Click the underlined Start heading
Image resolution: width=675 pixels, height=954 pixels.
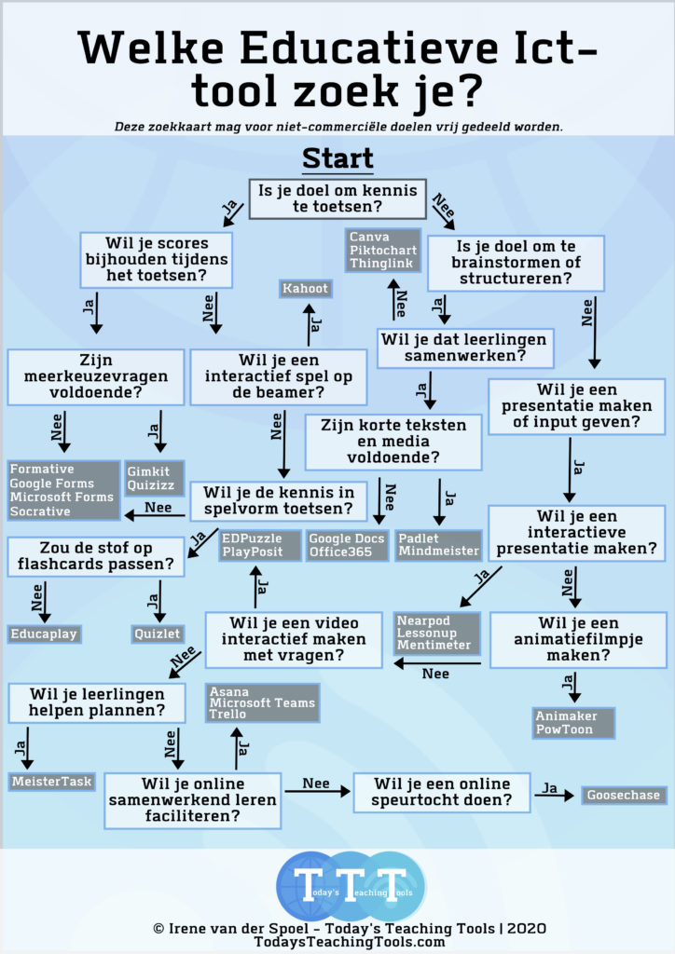pyautogui.click(x=337, y=158)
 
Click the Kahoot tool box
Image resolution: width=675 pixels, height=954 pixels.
pyautogui.click(x=306, y=289)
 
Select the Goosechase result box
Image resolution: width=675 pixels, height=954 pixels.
pyautogui.click(x=624, y=795)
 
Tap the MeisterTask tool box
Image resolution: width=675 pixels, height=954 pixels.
pyautogui.click(x=51, y=782)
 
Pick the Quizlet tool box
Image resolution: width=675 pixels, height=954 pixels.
pyautogui.click(x=157, y=634)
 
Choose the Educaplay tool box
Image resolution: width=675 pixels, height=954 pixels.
pyautogui.click(x=44, y=634)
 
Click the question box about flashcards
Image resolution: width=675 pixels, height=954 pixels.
pyautogui.click(x=95, y=556)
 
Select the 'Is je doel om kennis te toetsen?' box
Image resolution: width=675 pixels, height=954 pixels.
pyautogui.click(x=337, y=198)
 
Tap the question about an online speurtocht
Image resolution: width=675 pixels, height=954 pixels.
pyautogui.click(x=442, y=792)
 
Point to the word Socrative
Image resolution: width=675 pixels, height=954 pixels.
pyautogui.click(x=40, y=511)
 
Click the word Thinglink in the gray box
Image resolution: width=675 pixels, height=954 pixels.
pyautogui.click(x=381, y=264)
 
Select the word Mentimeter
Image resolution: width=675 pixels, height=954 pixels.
pyautogui.click(x=434, y=645)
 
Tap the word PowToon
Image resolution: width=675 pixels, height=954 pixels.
pyautogui.click(x=564, y=729)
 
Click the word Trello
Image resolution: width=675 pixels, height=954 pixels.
pyautogui.click(x=227, y=714)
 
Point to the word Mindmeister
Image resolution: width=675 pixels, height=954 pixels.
pyautogui.click(x=438, y=552)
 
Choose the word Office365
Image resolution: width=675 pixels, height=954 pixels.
pyautogui.click(x=340, y=552)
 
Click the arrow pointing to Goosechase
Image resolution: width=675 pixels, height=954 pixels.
pyautogui.click(x=555, y=796)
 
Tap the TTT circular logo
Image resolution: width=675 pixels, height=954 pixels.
pyautogui.click(x=351, y=886)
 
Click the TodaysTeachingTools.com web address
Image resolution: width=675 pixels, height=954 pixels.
pyautogui.click(x=350, y=942)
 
